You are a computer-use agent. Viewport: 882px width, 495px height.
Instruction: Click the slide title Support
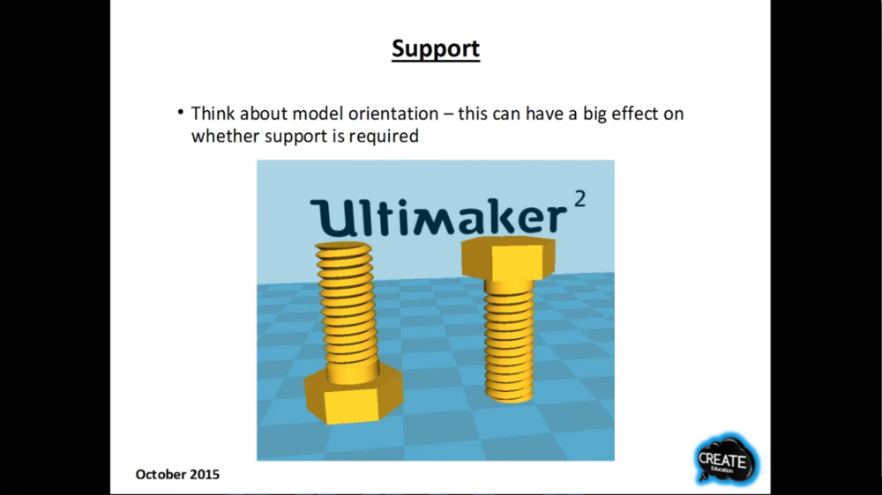(x=436, y=48)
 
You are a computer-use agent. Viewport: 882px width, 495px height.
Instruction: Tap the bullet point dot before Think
(x=181, y=112)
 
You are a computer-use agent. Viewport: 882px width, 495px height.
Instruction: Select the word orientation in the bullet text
(x=393, y=114)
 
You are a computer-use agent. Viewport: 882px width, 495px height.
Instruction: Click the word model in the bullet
(x=317, y=114)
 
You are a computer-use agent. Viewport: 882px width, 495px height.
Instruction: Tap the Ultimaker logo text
(x=438, y=217)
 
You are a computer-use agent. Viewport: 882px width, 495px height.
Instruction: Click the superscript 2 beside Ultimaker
(x=580, y=199)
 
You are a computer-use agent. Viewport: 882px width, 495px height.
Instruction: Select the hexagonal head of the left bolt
(x=354, y=396)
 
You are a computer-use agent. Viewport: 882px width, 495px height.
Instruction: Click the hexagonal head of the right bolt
(x=508, y=258)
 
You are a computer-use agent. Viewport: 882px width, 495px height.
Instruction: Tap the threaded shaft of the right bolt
(x=509, y=340)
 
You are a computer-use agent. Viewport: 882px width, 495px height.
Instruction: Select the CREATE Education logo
(x=726, y=460)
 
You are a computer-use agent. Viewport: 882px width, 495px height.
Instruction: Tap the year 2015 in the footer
(x=205, y=475)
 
